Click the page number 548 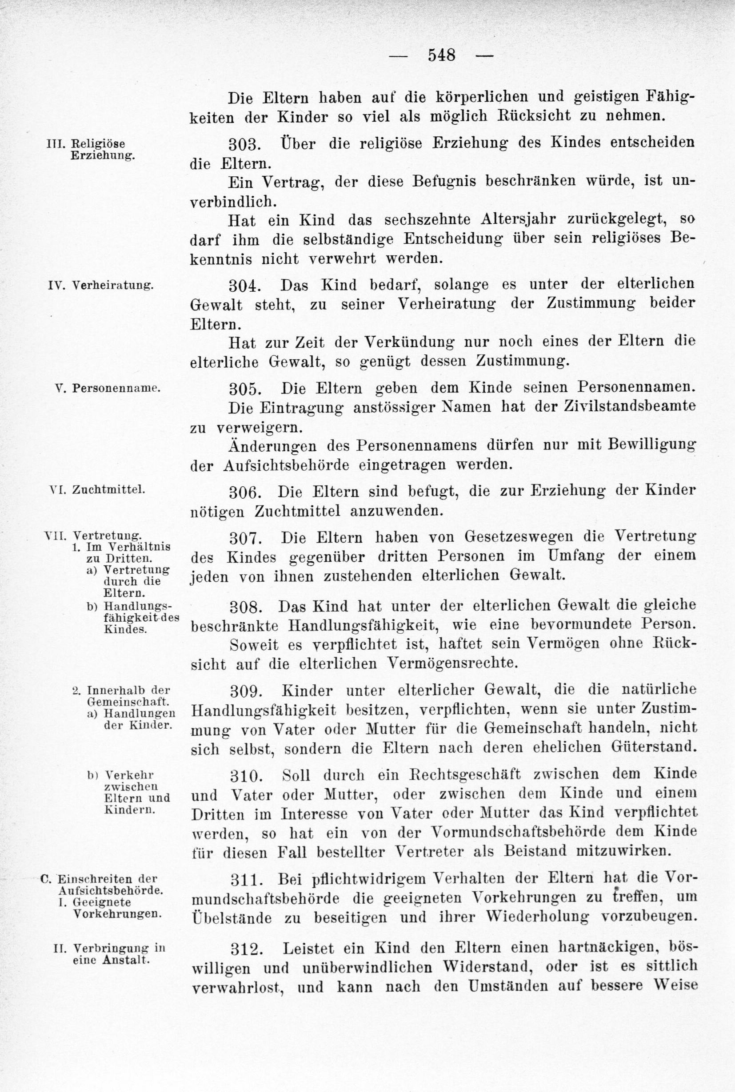[x=441, y=55]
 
